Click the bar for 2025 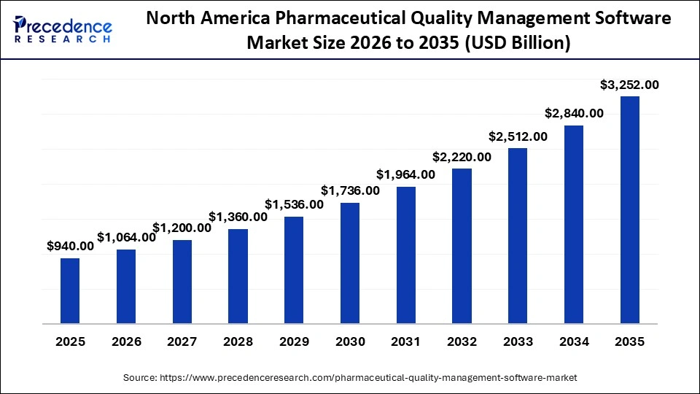pos(70,290)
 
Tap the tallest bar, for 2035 pos(629,209)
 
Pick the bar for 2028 pos(238,276)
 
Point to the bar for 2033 pos(518,235)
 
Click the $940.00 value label pos(70,247)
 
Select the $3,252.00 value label pos(629,85)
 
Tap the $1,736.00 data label pos(350,191)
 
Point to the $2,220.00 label pos(462,157)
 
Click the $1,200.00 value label pos(182,228)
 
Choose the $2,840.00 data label pos(574,113)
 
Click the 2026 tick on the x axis pos(126,341)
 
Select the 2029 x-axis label pos(294,341)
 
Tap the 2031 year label pos(406,341)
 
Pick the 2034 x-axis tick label pos(574,341)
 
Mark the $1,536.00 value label pos(294,204)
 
